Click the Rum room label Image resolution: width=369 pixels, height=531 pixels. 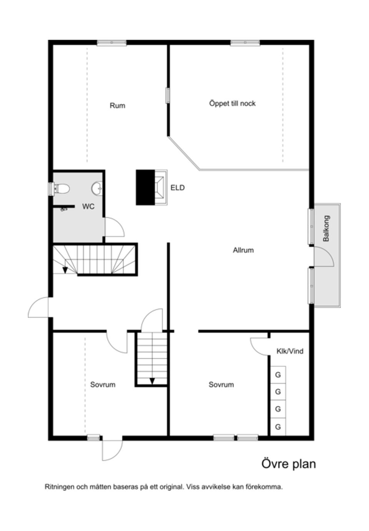[x=117, y=106]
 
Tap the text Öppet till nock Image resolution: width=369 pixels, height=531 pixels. [x=232, y=104]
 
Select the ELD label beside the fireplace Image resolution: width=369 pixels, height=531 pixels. [x=178, y=188]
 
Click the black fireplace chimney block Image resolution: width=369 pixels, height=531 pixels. [x=145, y=187]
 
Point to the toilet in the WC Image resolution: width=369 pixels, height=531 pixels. [x=62, y=189]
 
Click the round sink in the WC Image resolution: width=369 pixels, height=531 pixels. [x=97, y=189]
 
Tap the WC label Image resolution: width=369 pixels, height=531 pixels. [x=88, y=207]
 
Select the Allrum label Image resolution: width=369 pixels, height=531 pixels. [x=243, y=250]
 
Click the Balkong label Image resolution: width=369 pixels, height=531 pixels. [x=326, y=228]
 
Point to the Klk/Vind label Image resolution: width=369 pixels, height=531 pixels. [x=290, y=351]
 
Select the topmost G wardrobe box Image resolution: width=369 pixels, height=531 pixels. [x=278, y=375]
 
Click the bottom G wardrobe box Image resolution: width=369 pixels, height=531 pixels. [x=278, y=427]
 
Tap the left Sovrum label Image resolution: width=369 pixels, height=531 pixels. [x=103, y=384]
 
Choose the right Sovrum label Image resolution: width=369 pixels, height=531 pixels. [x=221, y=384]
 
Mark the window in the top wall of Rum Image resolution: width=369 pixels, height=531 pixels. [x=111, y=43]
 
